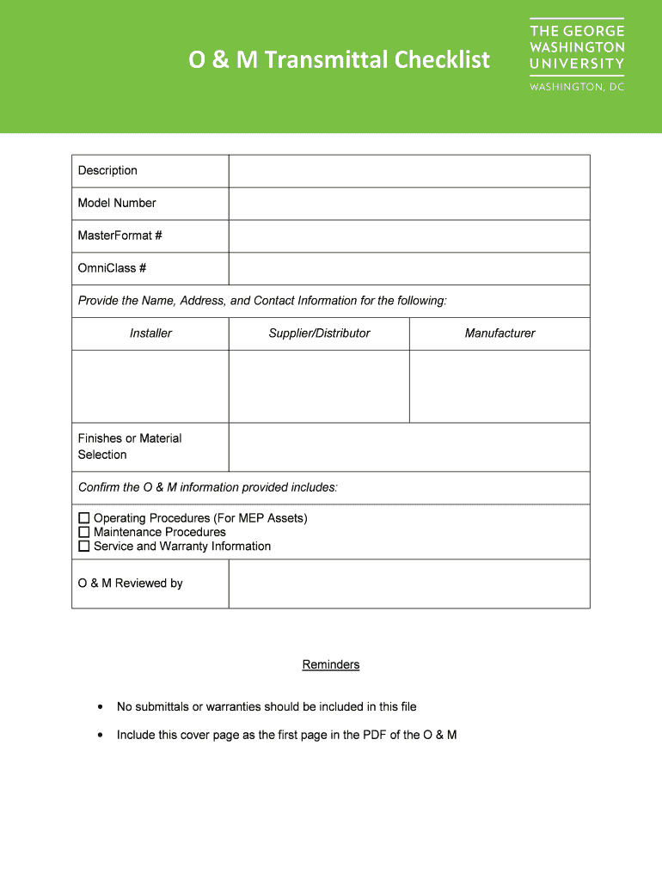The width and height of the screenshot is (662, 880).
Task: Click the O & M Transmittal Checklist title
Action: (340, 60)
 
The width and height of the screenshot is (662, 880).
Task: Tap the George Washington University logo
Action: (576, 55)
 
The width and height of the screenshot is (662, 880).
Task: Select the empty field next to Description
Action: (408, 171)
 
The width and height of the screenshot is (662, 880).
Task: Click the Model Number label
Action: (117, 204)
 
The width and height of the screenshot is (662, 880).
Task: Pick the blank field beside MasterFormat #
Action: (408, 236)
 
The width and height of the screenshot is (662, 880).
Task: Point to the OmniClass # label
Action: (112, 268)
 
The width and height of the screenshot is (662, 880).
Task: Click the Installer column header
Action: (150, 333)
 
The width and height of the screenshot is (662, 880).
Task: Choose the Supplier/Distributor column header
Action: (319, 333)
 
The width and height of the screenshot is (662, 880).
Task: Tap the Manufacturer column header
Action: (500, 333)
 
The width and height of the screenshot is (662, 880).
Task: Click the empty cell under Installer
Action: (150, 386)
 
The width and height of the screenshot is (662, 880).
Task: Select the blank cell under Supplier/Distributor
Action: (319, 386)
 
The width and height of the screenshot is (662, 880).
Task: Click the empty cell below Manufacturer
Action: (500, 386)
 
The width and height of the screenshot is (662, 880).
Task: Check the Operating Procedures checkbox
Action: (84, 518)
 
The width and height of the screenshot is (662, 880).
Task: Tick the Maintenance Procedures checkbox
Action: (84, 532)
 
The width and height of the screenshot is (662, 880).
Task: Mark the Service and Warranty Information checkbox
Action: (84, 546)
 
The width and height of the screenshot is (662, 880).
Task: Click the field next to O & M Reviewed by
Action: (408, 584)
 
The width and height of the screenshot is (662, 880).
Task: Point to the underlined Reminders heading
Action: (331, 665)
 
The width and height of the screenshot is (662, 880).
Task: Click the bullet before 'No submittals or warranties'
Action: (101, 707)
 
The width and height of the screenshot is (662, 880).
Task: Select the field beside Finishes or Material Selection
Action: (408, 447)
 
